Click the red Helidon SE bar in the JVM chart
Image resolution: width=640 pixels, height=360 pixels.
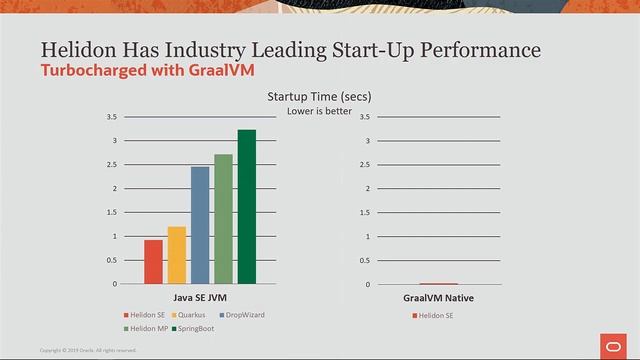[153, 262]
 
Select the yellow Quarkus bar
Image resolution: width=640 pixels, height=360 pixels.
[177, 255]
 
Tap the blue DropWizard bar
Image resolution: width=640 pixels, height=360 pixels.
[200, 225]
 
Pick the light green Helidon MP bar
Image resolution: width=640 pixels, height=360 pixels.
[223, 219]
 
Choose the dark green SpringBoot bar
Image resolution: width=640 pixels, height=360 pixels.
[246, 207]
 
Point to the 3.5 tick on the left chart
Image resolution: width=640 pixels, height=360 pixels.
[112, 117]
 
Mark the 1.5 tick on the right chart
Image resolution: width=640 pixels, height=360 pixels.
[367, 212]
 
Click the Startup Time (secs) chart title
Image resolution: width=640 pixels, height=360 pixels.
[319, 96]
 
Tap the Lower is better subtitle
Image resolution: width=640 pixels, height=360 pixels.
[319, 110]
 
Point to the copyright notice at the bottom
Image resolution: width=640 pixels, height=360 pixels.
[88, 350]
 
